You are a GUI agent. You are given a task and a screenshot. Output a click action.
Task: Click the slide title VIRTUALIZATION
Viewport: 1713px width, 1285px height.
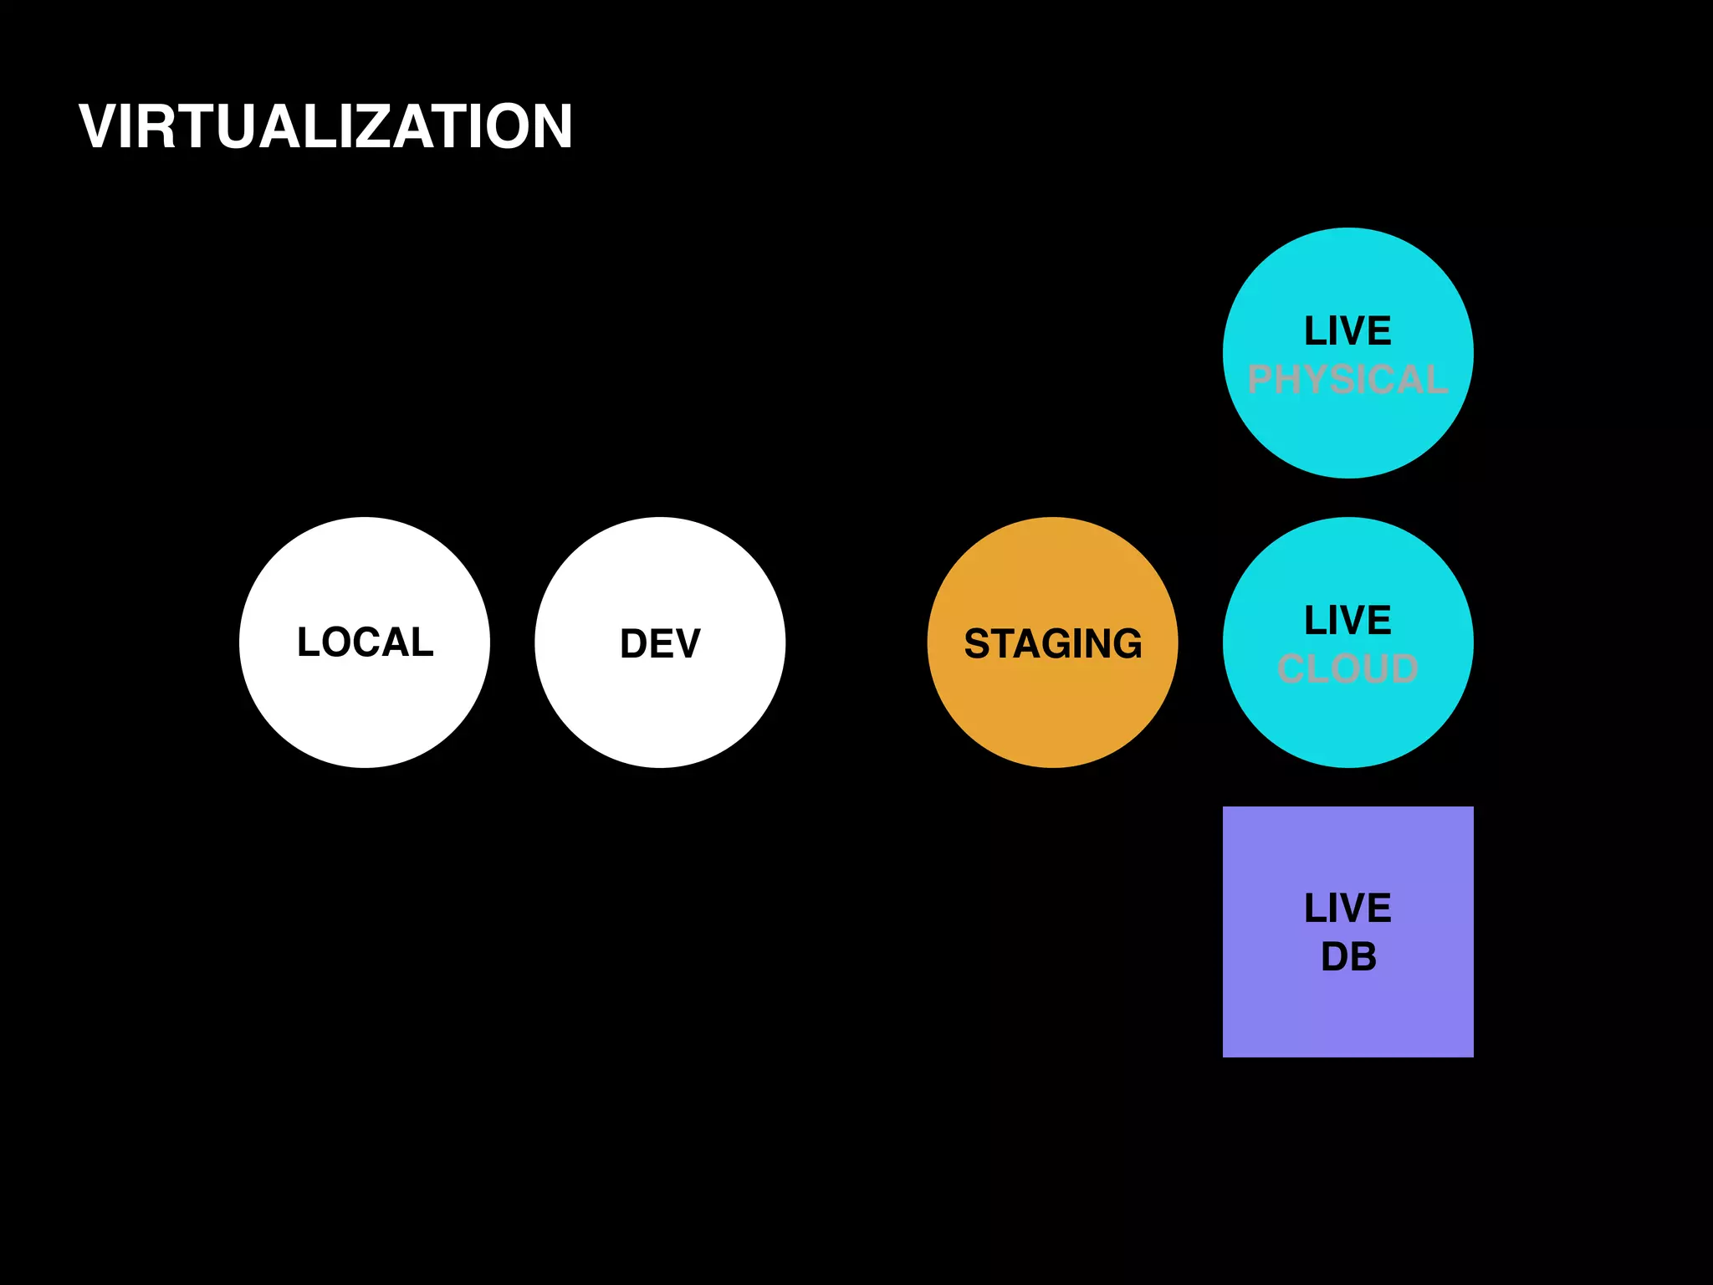point(325,127)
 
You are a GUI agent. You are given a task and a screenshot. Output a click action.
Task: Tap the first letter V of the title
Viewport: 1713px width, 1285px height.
point(100,127)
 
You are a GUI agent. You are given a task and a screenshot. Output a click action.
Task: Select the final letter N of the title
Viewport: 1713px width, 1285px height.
point(548,127)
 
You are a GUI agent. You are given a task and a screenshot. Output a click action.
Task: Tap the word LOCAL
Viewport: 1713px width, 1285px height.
point(366,642)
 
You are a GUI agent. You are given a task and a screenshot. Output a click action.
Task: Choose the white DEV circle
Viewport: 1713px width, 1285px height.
point(660,711)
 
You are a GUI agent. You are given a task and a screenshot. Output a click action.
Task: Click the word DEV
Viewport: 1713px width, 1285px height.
point(660,644)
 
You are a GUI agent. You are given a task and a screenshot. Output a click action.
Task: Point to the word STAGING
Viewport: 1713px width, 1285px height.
point(1052,644)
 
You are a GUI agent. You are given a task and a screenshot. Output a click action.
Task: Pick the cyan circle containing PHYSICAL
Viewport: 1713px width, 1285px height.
point(1347,435)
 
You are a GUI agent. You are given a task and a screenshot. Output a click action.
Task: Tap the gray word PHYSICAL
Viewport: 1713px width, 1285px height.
point(1347,380)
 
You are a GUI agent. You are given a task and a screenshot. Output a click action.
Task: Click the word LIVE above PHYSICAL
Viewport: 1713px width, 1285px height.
point(1347,331)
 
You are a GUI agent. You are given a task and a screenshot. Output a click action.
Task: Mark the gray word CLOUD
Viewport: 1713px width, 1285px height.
point(1347,669)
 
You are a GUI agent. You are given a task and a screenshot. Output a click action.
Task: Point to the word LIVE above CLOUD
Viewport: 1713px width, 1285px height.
point(1347,621)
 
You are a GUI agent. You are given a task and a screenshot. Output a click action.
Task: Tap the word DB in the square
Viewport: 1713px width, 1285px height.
point(1348,957)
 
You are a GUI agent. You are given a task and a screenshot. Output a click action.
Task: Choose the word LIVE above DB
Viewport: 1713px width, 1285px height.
point(1347,909)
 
